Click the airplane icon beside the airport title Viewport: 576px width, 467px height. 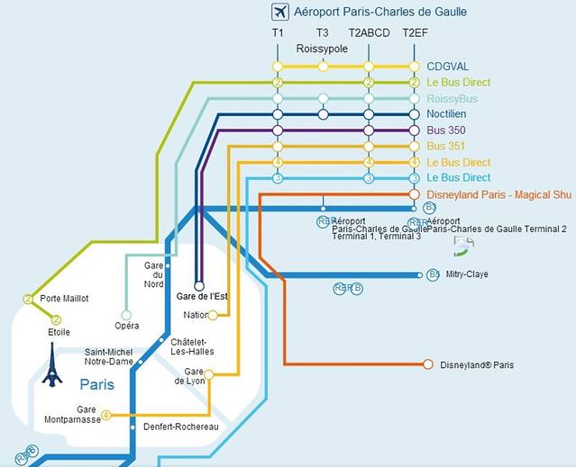(280, 12)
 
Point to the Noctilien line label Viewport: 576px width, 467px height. (448, 114)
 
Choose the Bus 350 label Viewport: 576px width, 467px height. (445, 130)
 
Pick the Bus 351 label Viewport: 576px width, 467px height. (445, 147)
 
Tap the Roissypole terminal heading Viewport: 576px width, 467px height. (322, 49)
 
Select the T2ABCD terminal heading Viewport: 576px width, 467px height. (369, 33)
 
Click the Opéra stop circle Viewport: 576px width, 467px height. (126, 315)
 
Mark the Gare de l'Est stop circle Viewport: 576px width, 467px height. (199, 287)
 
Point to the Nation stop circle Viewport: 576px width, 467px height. (213, 315)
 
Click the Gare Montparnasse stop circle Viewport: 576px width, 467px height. (106, 415)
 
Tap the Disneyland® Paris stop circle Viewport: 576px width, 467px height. (427, 364)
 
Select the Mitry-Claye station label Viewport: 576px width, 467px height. (467, 274)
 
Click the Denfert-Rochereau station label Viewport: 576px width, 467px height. (181, 427)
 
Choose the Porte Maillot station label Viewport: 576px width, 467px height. (64, 299)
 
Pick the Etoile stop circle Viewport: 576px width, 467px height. (56, 319)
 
